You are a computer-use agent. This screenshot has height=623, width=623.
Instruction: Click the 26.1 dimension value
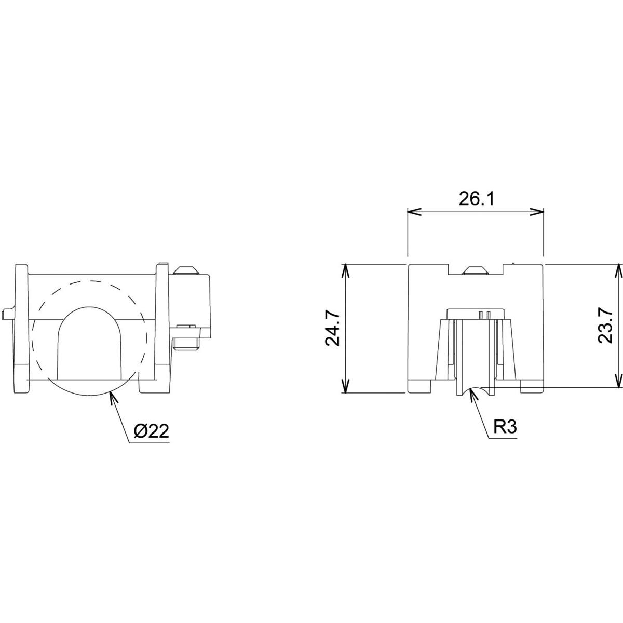click(476, 199)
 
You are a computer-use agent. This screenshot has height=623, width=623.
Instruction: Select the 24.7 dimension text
click(333, 329)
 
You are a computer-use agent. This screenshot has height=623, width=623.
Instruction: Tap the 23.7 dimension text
click(606, 325)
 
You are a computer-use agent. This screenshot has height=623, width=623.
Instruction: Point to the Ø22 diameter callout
click(152, 432)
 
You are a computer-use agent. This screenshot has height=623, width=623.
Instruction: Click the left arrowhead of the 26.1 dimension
click(412, 211)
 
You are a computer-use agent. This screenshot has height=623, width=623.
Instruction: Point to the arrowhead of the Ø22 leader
click(111, 397)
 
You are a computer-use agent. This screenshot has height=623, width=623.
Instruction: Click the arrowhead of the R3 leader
click(471, 393)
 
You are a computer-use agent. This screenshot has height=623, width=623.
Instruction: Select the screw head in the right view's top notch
click(475, 270)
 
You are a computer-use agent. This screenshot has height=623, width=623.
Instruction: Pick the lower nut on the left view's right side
click(187, 343)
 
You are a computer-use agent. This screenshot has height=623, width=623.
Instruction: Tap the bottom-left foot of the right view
click(421, 386)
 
